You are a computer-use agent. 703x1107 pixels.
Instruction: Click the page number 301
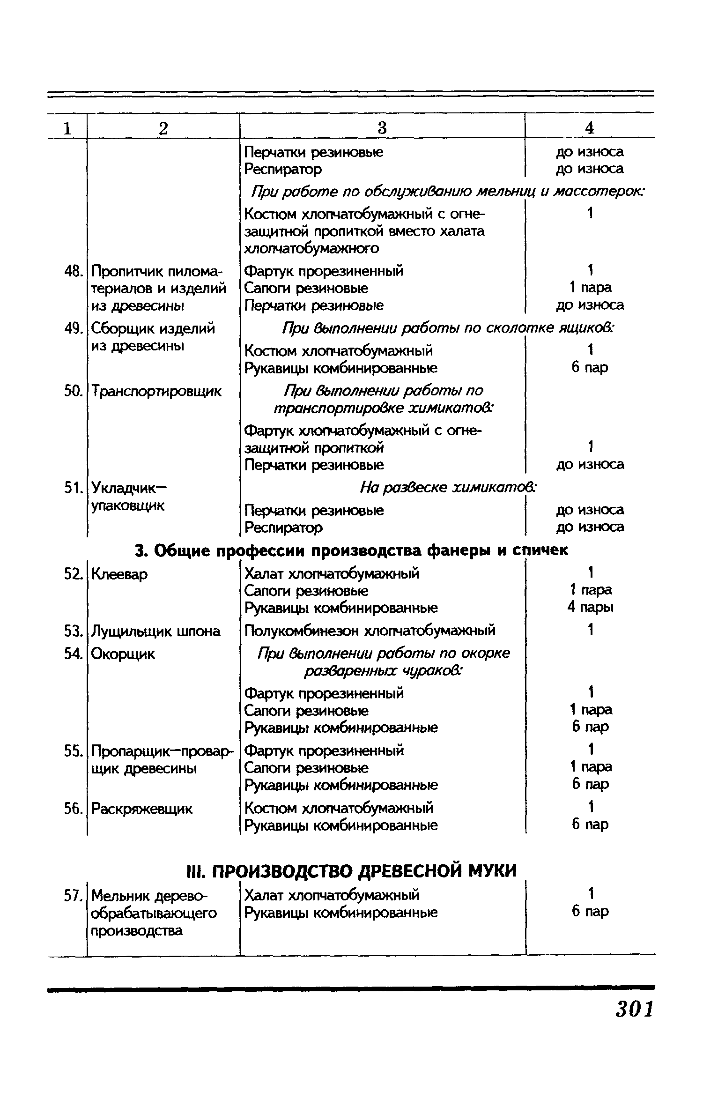point(634,1008)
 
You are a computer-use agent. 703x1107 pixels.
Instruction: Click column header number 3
point(382,128)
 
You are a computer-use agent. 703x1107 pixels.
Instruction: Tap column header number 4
point(590,128)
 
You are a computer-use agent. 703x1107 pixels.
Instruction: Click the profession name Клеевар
point(119,574)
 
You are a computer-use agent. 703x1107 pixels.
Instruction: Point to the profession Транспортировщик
point(156,391)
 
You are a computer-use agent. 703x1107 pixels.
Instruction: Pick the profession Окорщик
point(123,654)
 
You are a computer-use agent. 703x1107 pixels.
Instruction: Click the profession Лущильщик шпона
point(155,631)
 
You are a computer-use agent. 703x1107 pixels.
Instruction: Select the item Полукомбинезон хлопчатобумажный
point(370,631)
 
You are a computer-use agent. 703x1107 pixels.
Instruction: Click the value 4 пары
point(590,608)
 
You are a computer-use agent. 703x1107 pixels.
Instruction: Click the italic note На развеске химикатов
point(448,488)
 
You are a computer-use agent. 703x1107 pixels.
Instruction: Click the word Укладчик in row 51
point(123,488)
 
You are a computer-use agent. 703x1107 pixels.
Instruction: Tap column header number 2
point(163,128)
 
